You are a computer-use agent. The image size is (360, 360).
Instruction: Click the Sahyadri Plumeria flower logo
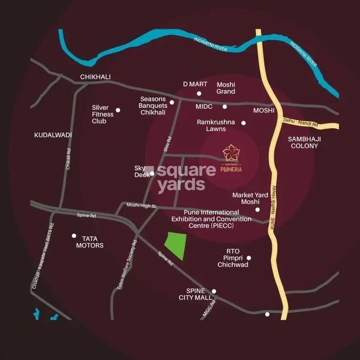[x=232, y=153]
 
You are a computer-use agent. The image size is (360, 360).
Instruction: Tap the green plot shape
[x=175, y=245]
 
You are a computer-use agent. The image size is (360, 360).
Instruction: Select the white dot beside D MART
[x=199, y=93]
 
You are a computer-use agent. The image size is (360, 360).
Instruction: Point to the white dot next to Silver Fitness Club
[x=118, y=110]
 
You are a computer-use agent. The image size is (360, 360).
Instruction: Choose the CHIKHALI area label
[x=95, y=77]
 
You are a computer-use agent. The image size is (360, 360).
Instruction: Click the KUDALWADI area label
[x=53, y=135]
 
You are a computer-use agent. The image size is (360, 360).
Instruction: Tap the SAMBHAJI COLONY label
[x=304, y=142]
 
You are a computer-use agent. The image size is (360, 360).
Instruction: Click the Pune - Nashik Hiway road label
[x=274, y=208]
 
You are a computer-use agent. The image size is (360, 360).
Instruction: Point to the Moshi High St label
[x=141, y=206]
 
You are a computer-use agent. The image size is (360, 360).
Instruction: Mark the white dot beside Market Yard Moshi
[x=257, y=209]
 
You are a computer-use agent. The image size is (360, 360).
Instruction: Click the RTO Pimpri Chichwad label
[x=233, y=258]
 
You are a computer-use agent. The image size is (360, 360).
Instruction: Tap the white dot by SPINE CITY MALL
[x=214, y=291]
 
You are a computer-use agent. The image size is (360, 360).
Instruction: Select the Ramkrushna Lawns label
[x=216, y=125]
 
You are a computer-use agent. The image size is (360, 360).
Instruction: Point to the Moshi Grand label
[x=226, y=88]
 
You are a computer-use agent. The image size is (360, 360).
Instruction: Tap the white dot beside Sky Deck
[x=152, y=174]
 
